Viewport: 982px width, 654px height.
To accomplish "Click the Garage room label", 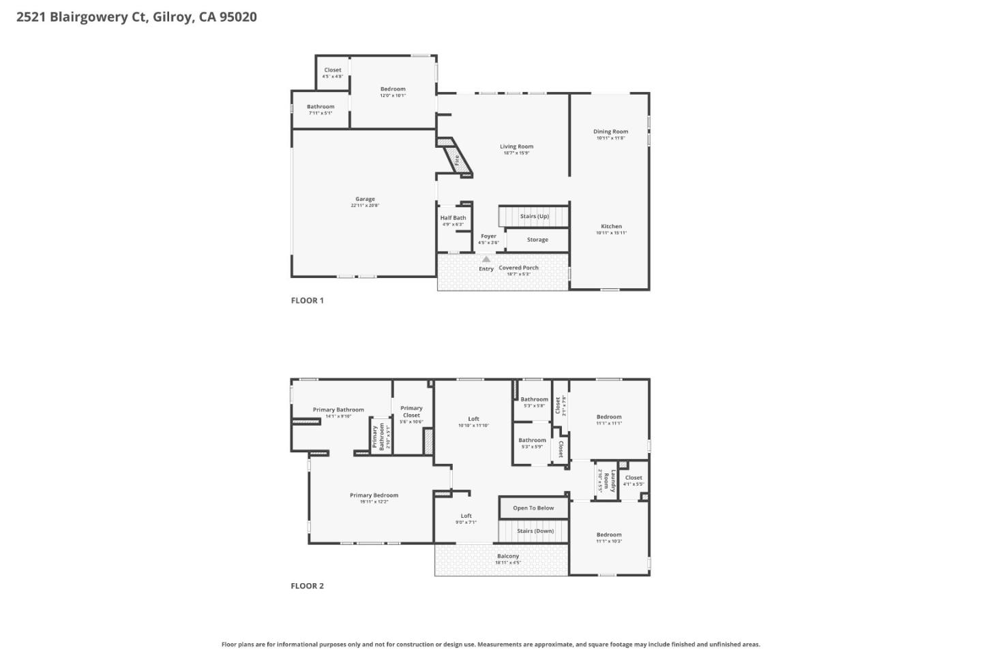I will [365, 200].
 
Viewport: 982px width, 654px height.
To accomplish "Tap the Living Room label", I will [516, 146].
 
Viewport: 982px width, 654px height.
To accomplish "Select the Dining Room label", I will [610, 131].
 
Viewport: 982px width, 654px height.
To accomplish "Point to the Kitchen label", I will [611, 226].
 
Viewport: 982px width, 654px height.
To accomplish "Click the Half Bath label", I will [453, 218].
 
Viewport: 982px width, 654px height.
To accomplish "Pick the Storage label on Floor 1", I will [537, 240].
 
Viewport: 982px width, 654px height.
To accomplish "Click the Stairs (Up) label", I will [534, 217].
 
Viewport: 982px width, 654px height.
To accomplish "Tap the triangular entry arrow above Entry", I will [486, 260].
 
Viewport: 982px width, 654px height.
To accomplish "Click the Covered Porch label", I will [518, 268].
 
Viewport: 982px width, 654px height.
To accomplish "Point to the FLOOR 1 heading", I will [307, 300].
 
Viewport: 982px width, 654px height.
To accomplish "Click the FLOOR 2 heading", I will [307, 586].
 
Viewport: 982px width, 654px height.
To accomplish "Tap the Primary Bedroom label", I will [374, 495].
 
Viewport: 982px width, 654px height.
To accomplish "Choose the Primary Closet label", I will [411, 411].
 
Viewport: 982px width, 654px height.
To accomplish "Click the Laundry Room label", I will [613, 481].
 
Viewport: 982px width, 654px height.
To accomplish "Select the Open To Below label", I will [533, 508].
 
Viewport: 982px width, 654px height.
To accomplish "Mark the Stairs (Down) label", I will [535, 531].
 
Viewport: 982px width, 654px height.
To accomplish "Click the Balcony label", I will [507, 557].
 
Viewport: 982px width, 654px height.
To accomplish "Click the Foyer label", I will [488, 236].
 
